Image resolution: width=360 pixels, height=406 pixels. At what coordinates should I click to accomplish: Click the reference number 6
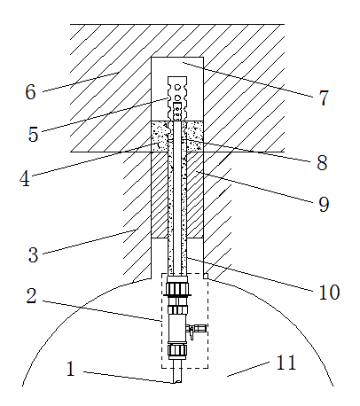30,91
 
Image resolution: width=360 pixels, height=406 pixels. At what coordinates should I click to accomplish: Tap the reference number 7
324,98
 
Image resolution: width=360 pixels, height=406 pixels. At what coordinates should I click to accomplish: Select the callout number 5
33,134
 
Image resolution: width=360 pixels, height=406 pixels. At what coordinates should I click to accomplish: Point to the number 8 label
322,162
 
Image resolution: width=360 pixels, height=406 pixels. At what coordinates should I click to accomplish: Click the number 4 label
25,178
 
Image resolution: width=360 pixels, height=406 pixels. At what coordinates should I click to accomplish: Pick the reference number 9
324,204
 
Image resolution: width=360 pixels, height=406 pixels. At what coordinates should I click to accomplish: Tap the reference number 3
33,254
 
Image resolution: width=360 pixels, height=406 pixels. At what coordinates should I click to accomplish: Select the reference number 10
329,293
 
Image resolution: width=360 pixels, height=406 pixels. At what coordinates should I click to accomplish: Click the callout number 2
31,296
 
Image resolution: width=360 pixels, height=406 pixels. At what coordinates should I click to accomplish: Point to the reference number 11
286,363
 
